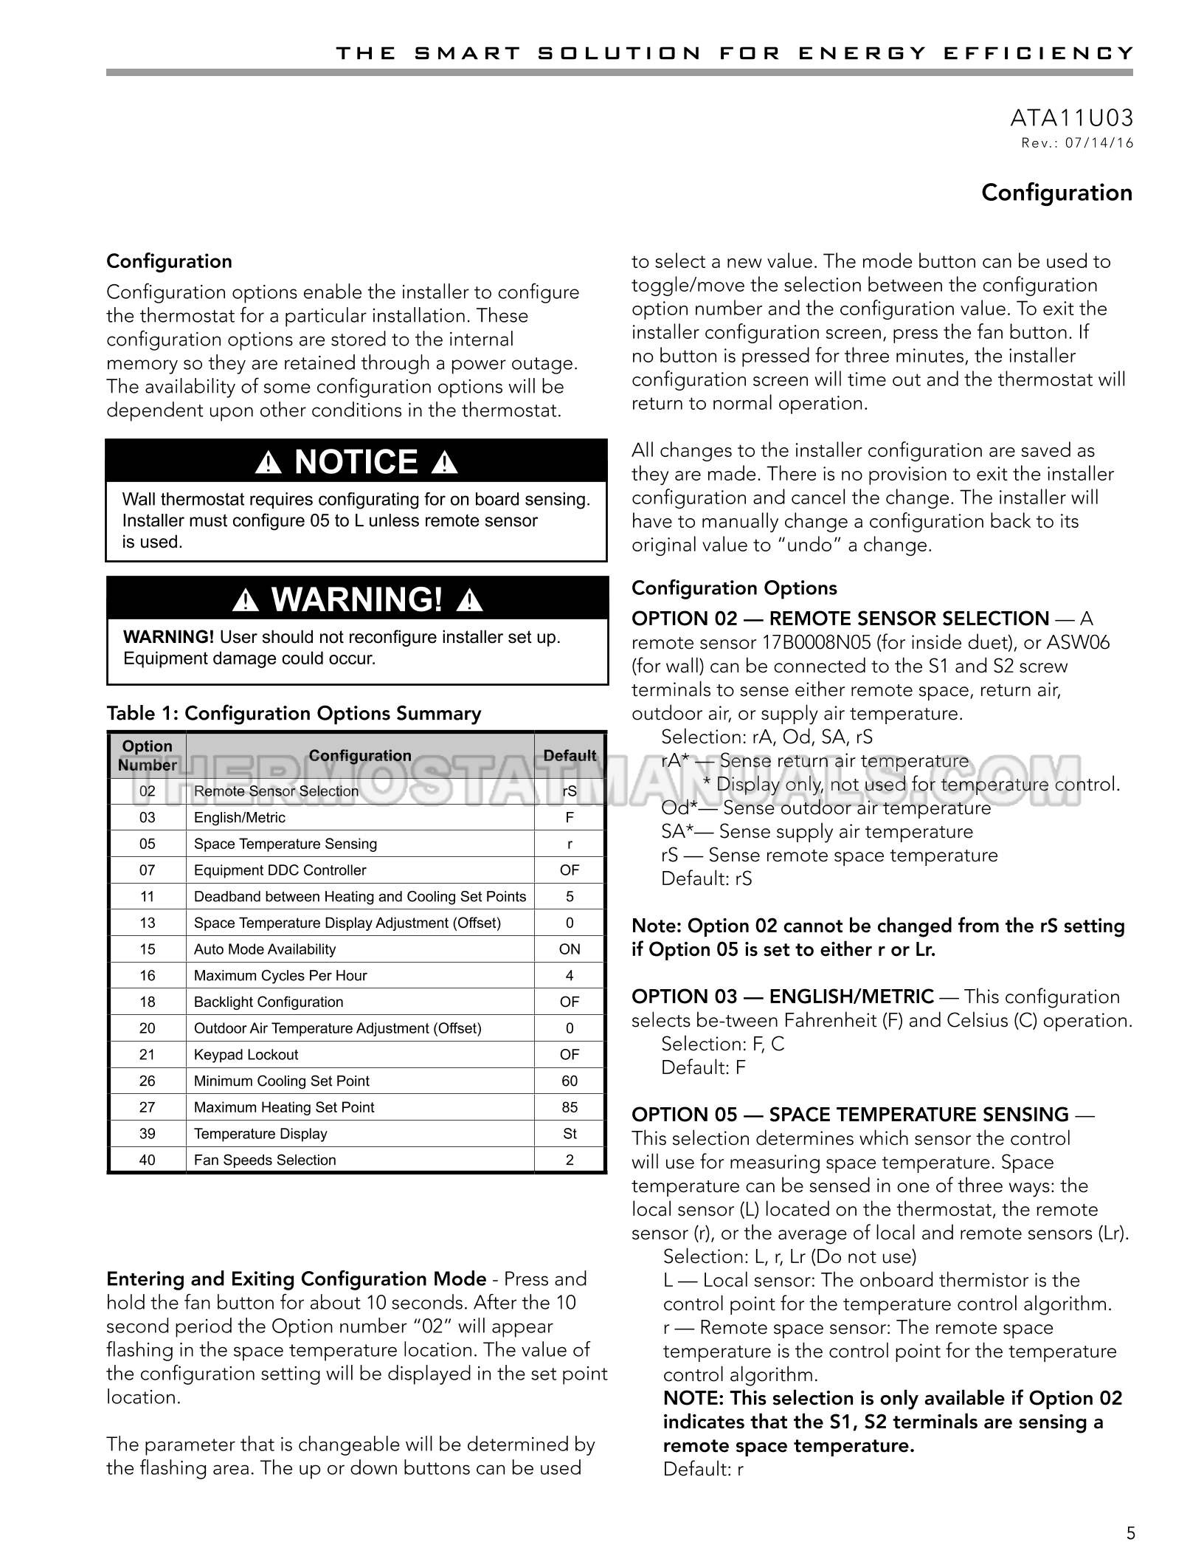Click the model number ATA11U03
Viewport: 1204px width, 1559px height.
(1071, 118)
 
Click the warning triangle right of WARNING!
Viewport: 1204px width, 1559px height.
(469, 601)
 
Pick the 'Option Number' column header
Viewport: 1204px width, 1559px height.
(147, 756)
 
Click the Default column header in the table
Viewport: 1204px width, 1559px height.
(570, 756)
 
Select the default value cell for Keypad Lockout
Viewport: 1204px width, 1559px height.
(570, 1055)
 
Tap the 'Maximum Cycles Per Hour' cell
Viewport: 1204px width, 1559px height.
(280, 976)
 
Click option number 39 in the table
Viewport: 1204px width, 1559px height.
(147, 1134)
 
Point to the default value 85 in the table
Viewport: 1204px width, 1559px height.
(570, 1107)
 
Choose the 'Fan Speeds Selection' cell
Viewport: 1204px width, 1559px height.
(265, 1160)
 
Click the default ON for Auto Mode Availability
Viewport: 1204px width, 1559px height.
(570, 949)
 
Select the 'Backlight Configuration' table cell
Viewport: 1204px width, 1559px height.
(269, 1002)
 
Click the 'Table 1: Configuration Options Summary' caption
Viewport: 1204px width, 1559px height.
(294, 714)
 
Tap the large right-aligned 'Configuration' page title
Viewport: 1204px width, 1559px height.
(1056, 193)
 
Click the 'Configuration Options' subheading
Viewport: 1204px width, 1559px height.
(734, 588)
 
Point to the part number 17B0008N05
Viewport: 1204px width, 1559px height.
(808, 642)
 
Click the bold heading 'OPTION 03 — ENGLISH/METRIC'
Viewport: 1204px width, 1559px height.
(783, 997)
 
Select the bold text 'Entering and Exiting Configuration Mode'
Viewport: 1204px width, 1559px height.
(296, 1279)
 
